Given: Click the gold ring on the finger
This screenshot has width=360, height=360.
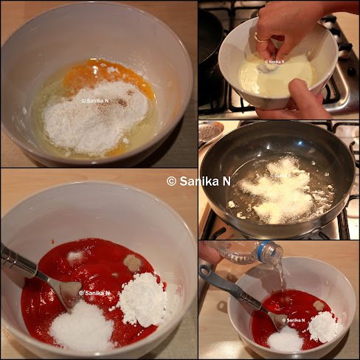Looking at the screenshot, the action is coord(259,39).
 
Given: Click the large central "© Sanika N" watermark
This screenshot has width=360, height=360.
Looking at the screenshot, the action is coord(198,181).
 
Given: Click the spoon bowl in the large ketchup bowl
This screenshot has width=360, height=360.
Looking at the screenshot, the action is coord(70,293).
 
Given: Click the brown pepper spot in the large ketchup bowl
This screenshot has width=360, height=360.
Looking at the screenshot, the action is coord(132,263).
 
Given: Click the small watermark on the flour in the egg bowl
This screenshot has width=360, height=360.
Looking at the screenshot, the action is coord(95,100).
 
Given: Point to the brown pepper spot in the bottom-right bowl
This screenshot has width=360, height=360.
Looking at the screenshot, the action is coord(319,305).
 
